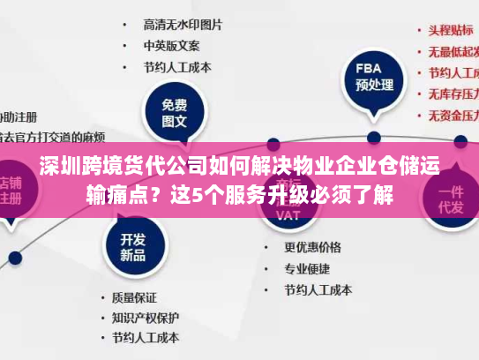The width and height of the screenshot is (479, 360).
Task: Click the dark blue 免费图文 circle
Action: click(174, 113)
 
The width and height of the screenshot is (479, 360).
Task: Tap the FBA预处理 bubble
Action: click(374, 77)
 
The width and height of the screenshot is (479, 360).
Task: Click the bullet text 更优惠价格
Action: click(311, 246)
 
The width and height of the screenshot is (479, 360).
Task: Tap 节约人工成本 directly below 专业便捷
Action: click(318, 289)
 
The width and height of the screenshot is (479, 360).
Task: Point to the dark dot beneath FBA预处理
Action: click(374, 137)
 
